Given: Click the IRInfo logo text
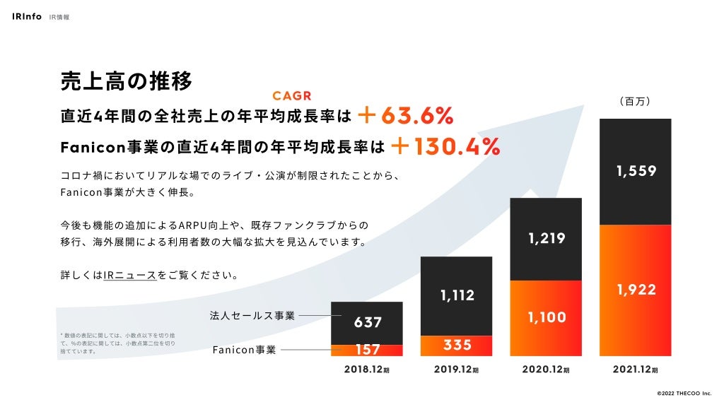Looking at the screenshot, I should coord(27,16).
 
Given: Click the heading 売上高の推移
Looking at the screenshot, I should coord(126,81).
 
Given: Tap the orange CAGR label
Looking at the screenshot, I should coord(292,96).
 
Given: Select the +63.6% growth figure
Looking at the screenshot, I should coord(405,115).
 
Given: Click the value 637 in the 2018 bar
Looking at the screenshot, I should coord(368,322).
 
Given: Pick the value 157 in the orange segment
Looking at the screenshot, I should coord(368,349).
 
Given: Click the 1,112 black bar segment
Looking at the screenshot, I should coord(457,296).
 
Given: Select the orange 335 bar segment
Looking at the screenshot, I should coord(457,345).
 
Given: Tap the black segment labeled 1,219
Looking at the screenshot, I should coord(546,239).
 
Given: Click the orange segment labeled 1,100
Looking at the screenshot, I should coord(546,318).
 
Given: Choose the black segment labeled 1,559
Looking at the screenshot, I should coord(635,171).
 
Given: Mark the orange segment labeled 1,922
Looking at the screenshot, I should coord(635,290).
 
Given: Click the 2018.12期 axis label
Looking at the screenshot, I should coord(367,369).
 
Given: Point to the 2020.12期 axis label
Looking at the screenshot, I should coord(545,369).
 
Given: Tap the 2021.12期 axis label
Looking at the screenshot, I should coord(635,369).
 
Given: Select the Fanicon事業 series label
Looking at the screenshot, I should coord(244,349).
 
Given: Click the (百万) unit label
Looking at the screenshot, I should coord(634,102).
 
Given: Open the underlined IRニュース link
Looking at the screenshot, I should coord(130,274).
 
